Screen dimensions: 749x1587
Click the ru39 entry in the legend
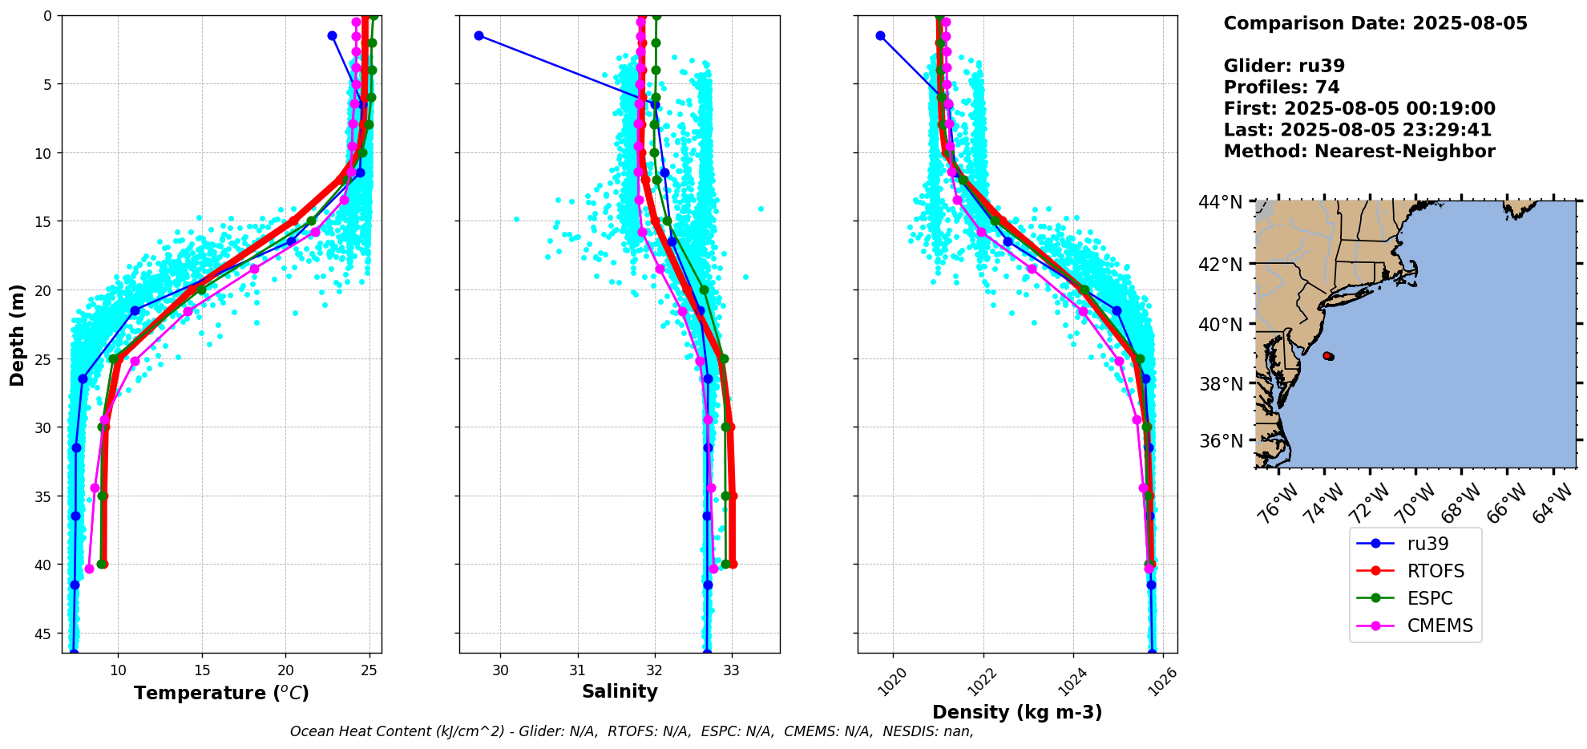pyautogui.click(x=1427, y=544)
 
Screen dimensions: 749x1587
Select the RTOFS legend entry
pyautogui.click(x=1435, y=571)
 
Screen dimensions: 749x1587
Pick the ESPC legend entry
pyautogui.click(x=1429, y=598)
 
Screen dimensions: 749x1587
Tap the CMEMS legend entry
pyautogui.click(x=1440, y=626)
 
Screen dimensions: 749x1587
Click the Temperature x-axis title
pyautogui.click(x=221, y=693)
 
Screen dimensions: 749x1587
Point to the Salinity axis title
pyautogui.click(x=620, y=691)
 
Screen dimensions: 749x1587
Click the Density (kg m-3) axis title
pyautogui.click(x=1017, y=712)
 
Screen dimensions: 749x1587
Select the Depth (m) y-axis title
pyautogui.click(x=18, y=334)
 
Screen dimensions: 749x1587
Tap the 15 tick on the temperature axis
pyautogui.click(x=202, y=670)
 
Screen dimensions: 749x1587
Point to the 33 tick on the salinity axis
pyautogui.click(x=731, y=670)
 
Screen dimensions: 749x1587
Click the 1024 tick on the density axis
pyautogui.click(x=1072, y=681)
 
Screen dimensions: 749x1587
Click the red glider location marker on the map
pyautogui.click(x=1328, y=355)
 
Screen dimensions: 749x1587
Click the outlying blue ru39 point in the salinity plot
pyautogui.click(x=479, y=35)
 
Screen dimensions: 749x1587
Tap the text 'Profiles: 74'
pyautogui.click(x=1282, y=87)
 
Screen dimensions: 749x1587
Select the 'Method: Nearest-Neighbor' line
pyautogui.click(x=1359, y=152)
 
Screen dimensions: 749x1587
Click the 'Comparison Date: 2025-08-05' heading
pyautogui.click(x=1375, y=23)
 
